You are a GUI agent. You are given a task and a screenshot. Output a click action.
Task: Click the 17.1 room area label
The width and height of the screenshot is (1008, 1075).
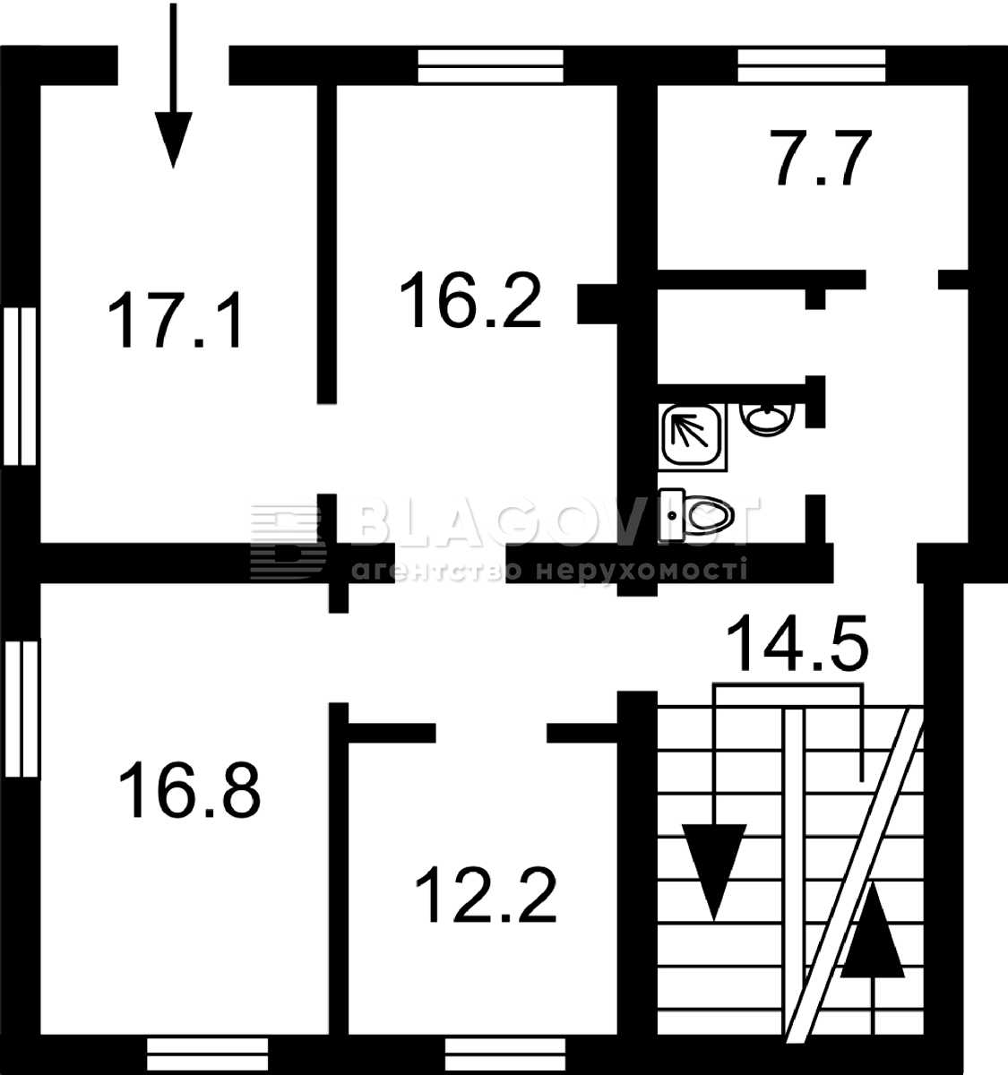point(175,320)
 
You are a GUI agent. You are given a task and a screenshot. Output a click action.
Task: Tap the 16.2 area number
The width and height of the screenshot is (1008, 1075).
point(470,299)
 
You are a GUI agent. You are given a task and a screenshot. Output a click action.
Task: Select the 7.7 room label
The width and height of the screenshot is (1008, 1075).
point(823,158)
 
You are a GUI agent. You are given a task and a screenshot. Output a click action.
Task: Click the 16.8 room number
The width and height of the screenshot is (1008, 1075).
point(190,789)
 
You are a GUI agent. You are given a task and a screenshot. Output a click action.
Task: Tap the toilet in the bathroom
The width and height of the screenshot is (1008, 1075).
point(696,515)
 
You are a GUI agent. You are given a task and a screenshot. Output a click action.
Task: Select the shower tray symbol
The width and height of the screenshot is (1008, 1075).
point(693,437)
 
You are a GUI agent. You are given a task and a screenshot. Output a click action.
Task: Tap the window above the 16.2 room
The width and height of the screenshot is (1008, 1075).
point(491,66)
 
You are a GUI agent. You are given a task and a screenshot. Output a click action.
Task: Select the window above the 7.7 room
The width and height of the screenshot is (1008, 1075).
point(812,65)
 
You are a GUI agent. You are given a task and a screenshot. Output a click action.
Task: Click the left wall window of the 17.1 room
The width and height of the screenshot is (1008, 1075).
point(20,386)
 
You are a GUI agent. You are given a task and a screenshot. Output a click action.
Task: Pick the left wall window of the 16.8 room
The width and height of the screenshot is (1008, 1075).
point(22,709)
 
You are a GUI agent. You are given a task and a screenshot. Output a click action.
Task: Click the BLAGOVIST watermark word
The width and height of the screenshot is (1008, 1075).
point(553,520)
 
